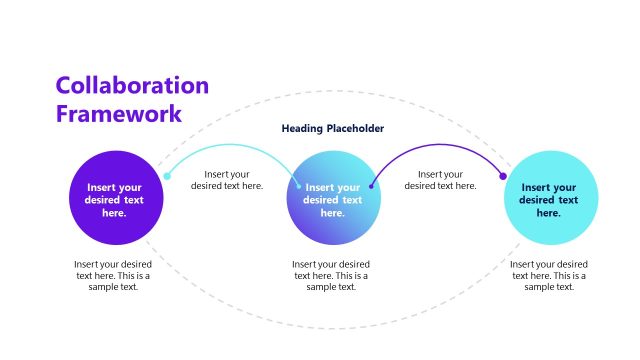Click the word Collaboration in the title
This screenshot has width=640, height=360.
pyautogui.click(x=132, y=86)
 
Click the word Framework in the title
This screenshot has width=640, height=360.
pyautogui.click(x=118, y=113)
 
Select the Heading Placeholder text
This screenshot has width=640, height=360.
pyautogui.click(x=333, y=129)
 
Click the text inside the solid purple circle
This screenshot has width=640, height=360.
pyautogui.click(x=114, y=200)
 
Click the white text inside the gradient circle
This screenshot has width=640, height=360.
pyautogui.click(x=333, y=200)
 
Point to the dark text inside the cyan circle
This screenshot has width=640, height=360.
pyautogui.click(x=548, y=200)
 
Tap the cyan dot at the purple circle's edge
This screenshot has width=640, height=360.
pyautogui.click(x=167, y=176)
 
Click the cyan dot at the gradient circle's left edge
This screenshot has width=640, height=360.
pyautogui.click(x=298, y=184)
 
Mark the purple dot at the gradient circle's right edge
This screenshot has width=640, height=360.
pyautogui.click(x=372, y=185)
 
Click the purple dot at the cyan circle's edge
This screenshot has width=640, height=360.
pyautogui.click(x=503, y=176)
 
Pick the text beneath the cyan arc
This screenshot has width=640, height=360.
pyautogui.click(x=227, y=179)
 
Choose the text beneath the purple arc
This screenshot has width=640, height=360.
pyautogui.click(x=440, y=179)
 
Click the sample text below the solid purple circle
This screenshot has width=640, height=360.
pyautogui.click(x=113, y=275)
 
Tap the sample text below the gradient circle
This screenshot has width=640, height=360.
pyautogui.click(x=331, y=275)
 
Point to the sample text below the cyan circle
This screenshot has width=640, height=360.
pyautogui.click(x=549, y=275)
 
